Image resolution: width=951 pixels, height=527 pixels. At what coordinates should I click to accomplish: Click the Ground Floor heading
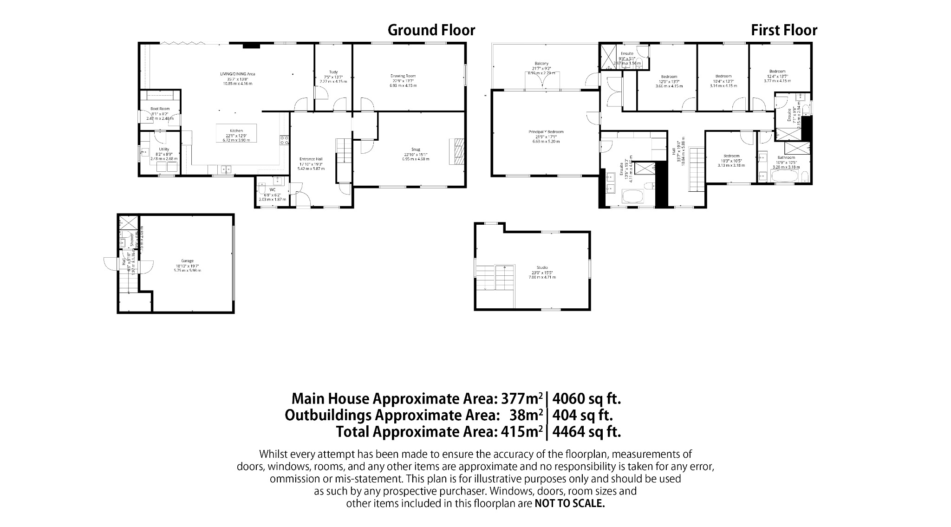[x=431, y=30]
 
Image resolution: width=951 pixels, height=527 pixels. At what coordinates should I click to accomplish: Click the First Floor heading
[x=784, y=30]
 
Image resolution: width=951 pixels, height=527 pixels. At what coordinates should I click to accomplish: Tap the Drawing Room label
[x=403, y=76]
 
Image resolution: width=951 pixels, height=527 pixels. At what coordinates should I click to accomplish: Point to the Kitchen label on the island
[x=236, y=131]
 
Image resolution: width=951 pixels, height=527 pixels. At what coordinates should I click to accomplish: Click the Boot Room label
[x=160, y=109]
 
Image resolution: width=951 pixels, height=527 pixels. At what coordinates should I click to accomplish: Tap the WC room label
[x=273, y=190]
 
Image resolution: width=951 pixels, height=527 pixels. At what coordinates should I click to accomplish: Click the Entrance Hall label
[x=311, y=159]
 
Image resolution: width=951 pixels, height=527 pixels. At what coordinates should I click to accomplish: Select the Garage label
[x=187, y=261]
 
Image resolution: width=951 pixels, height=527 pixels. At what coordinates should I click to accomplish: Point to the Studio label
[x=542, y=267]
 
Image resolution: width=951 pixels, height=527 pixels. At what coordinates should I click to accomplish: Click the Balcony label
[x=541, y=64]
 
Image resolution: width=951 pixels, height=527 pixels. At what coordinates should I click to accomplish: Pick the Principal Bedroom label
[x=546, y=132]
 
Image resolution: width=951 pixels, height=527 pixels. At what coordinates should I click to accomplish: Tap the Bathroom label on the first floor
[x=786, y=157]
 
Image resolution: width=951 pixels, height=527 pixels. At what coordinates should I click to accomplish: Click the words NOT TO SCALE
[x=570, y=503]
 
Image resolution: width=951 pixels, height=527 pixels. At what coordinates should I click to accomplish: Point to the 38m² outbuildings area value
[x=527, y=415]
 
